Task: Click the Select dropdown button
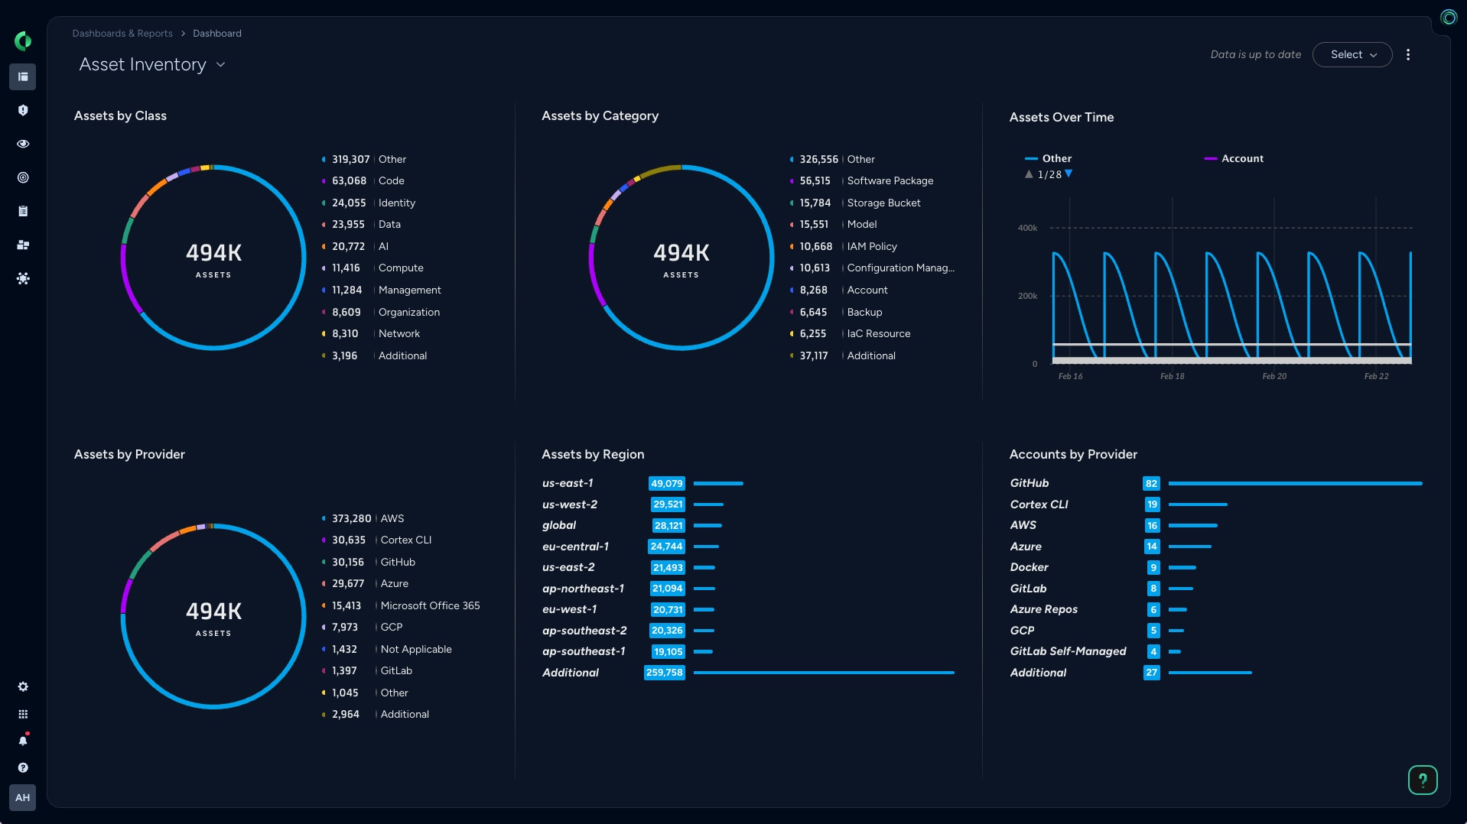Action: click(1352, 54)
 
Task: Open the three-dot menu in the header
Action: click(1407, 54)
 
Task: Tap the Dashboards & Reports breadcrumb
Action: click(122, 34)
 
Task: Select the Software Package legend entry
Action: click(890, 181)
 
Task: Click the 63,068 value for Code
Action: click(349, 181)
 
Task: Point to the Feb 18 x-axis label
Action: click(1172, 376)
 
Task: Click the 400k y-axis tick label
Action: click(1027, 228)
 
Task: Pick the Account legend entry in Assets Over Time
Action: click(1241, 158)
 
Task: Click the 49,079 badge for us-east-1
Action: click(666, 484)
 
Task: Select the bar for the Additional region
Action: click(823, 673)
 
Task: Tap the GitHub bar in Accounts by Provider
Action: click(1294, 484)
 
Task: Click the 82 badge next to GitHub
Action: click(1151, 484)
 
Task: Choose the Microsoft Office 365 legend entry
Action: click(430, 605)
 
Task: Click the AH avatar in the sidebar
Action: click(23, 797)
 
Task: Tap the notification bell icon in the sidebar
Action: click(23, 740)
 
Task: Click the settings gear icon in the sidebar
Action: click(23, 686)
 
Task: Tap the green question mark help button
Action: click(1422, 780)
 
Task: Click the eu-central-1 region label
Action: click(575, 547)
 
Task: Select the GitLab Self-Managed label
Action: click(1068, 651)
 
